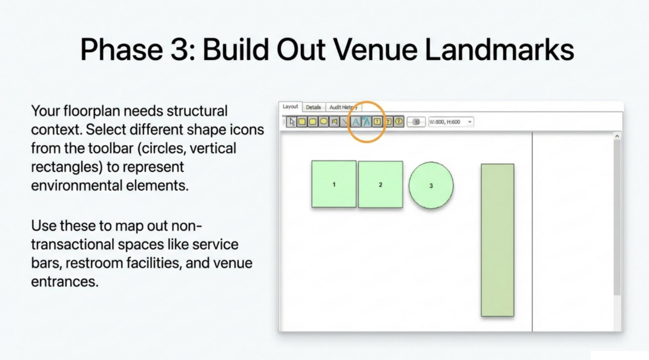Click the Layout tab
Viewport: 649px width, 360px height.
pos(290,106)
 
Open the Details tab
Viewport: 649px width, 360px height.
pos(314,107)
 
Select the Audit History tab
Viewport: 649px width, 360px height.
pos(343,107)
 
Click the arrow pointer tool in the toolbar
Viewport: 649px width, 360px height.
pos(292,122)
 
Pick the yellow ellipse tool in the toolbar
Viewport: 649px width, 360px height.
pos(324,121)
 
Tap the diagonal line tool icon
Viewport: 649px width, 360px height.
pos(345,122)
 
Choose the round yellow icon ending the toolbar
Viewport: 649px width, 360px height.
pos(398,121)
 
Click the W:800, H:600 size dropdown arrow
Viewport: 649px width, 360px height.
pos(470,122)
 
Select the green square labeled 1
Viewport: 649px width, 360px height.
pos(334,184)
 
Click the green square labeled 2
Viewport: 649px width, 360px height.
pos(380,185)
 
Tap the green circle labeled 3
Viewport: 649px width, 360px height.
pos(431,185)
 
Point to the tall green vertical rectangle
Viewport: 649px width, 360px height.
pos(498,240)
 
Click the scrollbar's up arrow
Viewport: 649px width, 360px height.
pos(617,136)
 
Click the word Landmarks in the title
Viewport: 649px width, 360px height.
pos(499,50)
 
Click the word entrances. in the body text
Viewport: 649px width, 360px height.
pos(65,282)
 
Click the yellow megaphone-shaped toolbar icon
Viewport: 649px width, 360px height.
pos(334,121)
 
